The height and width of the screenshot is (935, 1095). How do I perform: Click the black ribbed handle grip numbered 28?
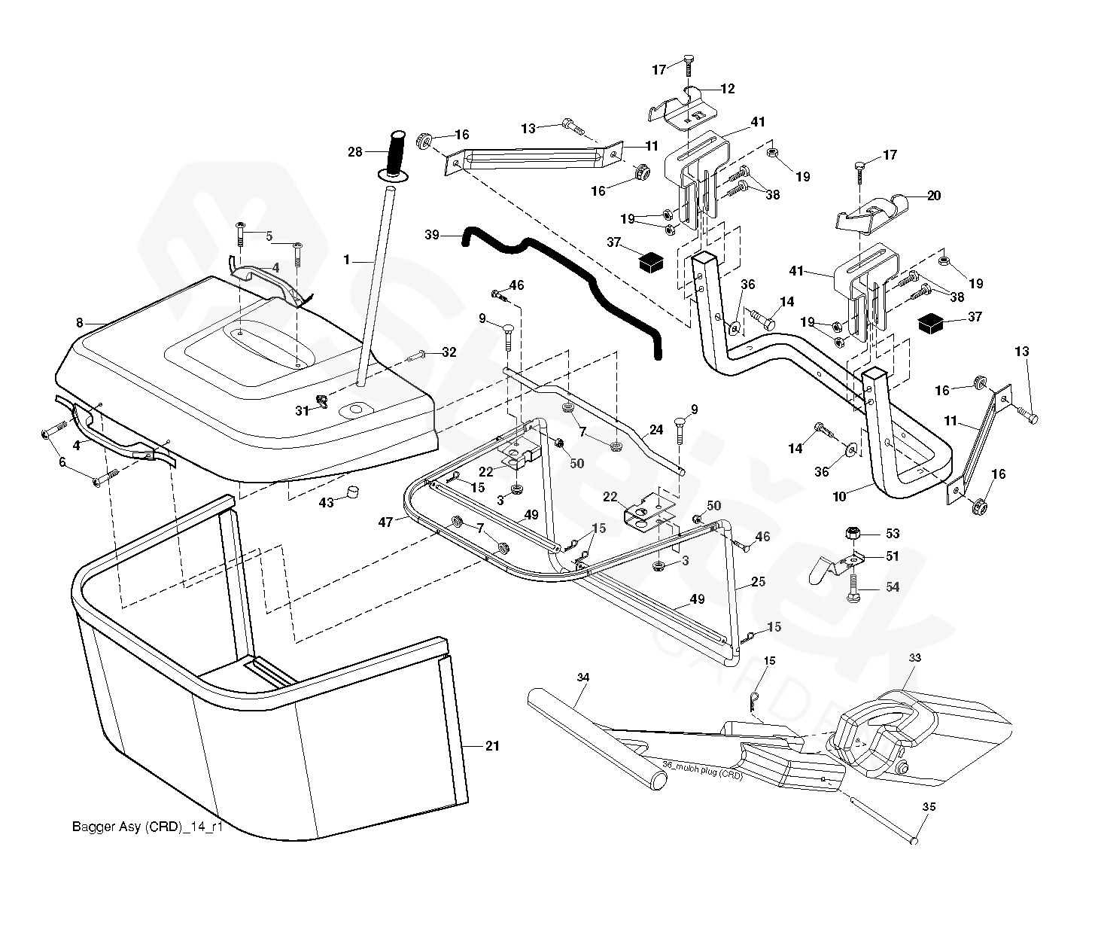(x=397, y=154)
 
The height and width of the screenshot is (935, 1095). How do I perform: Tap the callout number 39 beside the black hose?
(x=431, y=235)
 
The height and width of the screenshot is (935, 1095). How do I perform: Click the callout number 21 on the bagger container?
(x=492, y=746)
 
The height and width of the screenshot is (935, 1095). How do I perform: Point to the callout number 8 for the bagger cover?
(x=79, y=323)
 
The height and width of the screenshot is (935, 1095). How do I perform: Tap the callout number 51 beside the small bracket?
(x=893, y=556)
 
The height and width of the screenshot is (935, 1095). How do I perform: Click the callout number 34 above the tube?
(x=583, y=678)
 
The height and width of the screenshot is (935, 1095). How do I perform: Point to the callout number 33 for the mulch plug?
(x=914, y=657)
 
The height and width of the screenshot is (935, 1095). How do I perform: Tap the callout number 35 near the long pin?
(x=929, y=806)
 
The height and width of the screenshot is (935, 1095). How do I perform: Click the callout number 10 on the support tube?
(x=839, y=497)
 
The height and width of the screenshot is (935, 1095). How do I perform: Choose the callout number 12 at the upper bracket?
(x=728, y=89)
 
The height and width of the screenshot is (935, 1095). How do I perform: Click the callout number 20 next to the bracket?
(x=933, y=196)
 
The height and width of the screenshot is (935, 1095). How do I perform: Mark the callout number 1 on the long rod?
(x=346, y=260)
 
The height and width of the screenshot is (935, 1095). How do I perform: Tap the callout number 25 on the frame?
(x=758, y=582)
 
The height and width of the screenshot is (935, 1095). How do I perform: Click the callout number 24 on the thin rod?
(x=656, y=431)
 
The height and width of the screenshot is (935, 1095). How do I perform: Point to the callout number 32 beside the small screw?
(x=449, y=352)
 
